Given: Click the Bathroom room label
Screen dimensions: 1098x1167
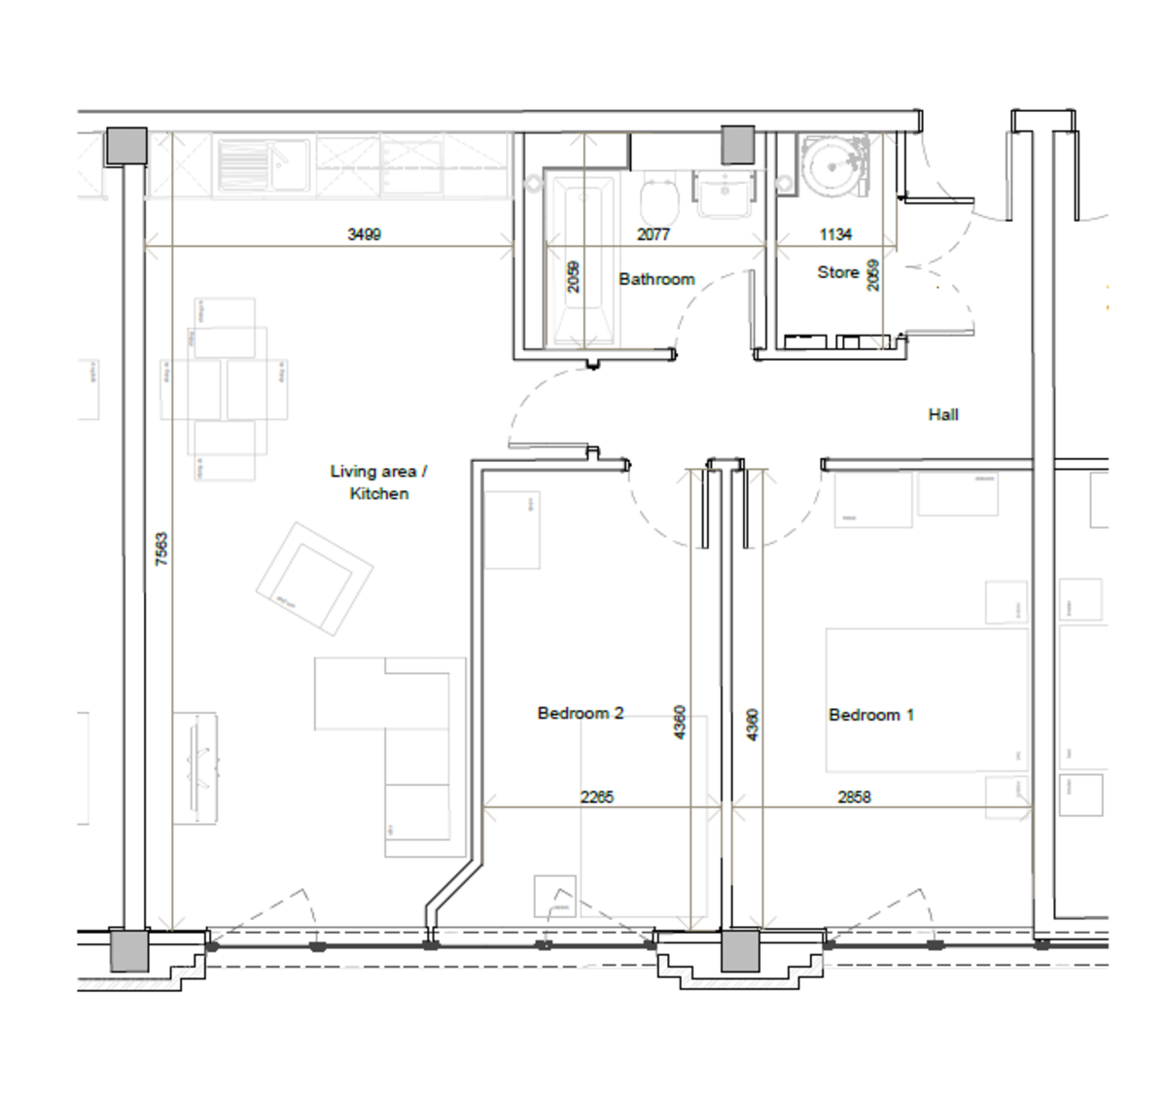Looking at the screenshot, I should (656, 279).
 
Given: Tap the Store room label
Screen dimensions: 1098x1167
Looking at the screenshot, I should (837, 272).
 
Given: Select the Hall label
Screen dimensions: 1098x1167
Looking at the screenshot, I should (942, 414).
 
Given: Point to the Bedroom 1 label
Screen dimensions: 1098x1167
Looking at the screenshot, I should (870, 715).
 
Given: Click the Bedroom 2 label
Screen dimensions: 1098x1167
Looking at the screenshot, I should (580, 713).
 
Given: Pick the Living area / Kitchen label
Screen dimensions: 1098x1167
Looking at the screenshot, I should (378, 482).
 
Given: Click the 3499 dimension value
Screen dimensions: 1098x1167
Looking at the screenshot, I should (364, 234).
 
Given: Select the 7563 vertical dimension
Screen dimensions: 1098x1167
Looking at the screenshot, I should (161, 549).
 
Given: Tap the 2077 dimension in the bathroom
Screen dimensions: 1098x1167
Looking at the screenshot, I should (653, 234).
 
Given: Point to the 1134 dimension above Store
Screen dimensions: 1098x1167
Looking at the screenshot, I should (834, 234).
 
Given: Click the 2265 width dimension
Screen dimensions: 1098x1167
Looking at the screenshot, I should (596, 797).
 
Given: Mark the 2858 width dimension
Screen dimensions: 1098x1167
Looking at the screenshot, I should (854, 797).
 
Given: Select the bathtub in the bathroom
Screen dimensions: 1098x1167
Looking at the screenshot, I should (582, 258).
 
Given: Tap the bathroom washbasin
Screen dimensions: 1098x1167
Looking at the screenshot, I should (723, 194).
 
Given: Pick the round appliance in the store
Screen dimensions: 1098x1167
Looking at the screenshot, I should (833, 166).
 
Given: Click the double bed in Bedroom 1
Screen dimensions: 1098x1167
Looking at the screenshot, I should (926, 700).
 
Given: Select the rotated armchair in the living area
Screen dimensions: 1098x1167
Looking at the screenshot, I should (314, 579).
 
